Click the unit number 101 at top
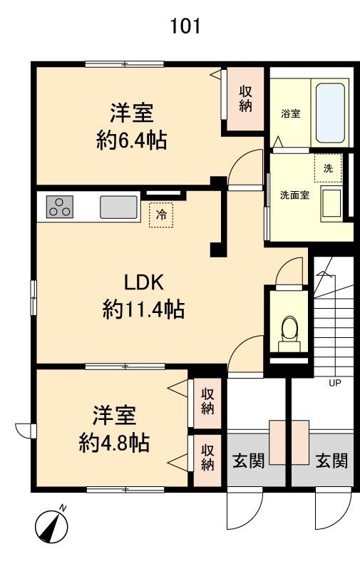coord(185,26)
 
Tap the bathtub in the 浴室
coord(331,113)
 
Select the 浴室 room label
coord(291,113)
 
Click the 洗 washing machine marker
coord(328,168)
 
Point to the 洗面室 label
coord(295,195)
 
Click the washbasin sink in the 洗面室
coord(331,203)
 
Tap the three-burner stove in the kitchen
coord(60,207)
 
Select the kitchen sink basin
coord(118,207)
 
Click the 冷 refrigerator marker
coord(162,215)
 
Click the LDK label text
coord(144,282)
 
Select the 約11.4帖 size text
coord(143,309)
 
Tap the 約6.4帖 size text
coord(132,140)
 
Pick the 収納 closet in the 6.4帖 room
coord(246,99)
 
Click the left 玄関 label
coord(249,461)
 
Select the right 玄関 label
coord(332,461)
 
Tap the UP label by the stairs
coord(335,383)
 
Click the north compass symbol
coord(52,526)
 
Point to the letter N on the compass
coord(63,508)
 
